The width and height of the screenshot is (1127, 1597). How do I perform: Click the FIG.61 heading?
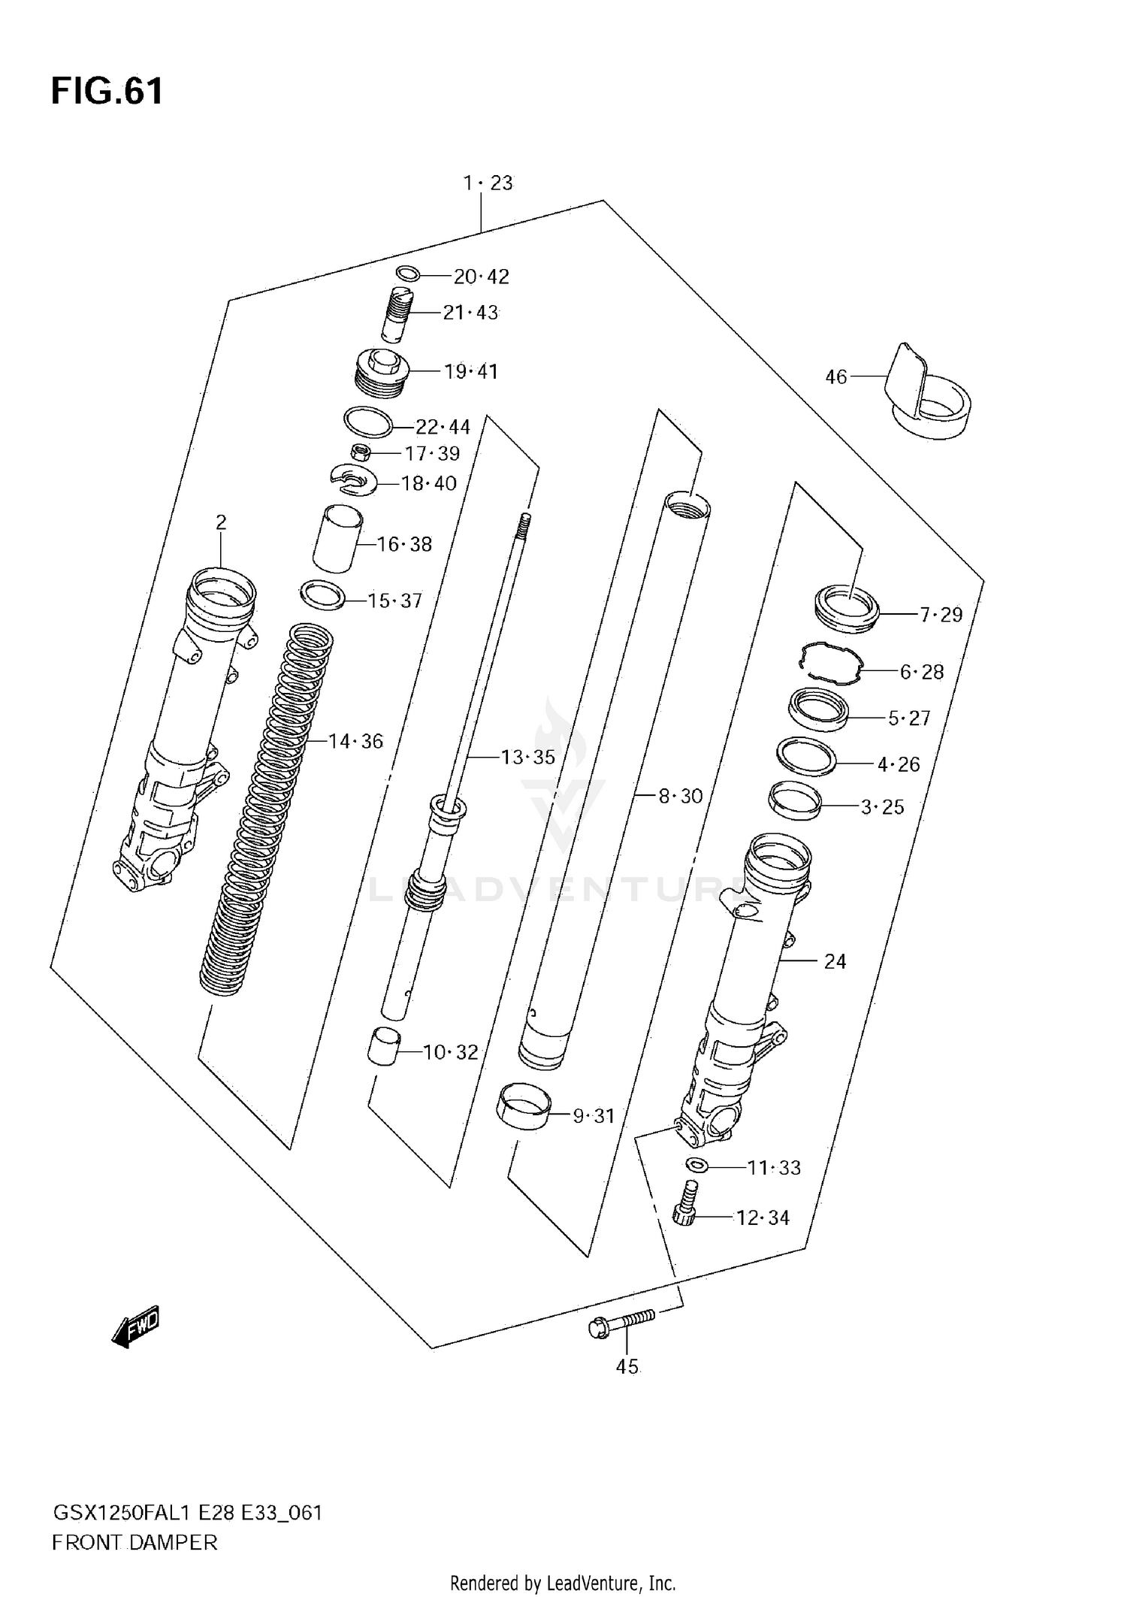point(107,92)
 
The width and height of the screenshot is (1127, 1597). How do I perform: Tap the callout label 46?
point(835,377)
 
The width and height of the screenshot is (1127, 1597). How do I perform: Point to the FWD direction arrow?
point(136,1326)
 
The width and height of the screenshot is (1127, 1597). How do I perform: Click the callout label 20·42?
point(481,277)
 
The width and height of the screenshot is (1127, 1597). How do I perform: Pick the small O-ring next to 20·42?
point(407,273)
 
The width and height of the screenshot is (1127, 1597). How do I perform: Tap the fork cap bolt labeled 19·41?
point(381,374)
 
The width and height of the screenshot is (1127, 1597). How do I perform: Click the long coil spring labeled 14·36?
point(267,812)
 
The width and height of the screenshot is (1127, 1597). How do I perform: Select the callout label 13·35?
point(527,757)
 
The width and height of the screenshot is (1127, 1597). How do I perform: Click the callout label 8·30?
point(680,795)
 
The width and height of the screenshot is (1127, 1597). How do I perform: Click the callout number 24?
point(835,961)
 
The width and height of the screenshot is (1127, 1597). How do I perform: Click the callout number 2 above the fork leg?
point(221,522)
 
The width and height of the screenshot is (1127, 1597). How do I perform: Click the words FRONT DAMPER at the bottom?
point(134,1543)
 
